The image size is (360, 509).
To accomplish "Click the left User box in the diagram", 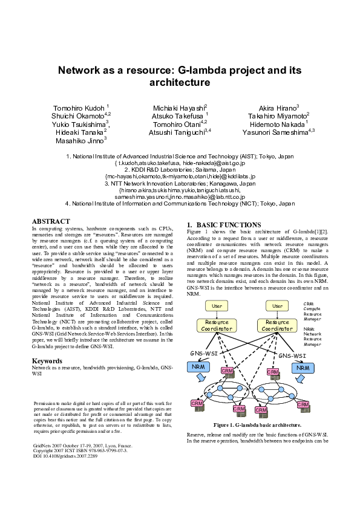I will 217,306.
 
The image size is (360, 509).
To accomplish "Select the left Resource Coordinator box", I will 217,325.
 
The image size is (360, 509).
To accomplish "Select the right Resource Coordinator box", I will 278,325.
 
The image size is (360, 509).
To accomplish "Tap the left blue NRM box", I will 198,366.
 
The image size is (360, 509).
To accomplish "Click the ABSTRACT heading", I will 51,222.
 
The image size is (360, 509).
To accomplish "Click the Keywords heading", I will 47,361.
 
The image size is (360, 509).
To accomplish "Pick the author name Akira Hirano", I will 279,107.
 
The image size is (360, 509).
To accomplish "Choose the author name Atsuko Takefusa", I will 180,115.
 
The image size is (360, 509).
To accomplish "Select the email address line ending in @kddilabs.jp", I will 180,176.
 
